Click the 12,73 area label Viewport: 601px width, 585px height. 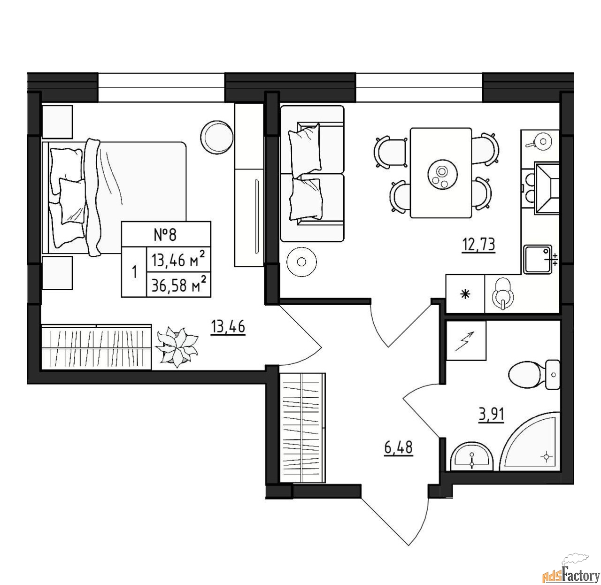pyautogui.click(x=478, y=245)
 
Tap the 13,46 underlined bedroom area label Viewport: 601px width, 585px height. pyautogui.click(x=228, y=327)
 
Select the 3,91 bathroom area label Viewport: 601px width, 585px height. pyautogui.click(x=491, y=414)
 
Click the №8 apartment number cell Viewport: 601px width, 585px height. pyautogui.click(x=166, y=234)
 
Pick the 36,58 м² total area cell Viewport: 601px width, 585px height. pyautogui.click(x=178, y=285)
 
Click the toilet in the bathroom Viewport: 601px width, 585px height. pyautogui.click(x=534, y=375)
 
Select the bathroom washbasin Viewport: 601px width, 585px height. pyautogui.click(x=471, y=456)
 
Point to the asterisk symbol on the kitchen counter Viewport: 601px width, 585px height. pyautogui.click(x=465, y=294)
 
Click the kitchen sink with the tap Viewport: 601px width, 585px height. pyautogui.click(x=538, y=260)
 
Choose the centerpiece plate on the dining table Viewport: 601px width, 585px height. pyautogui.click(x=443, y=175)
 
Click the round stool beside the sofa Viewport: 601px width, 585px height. pyautogui.click(x=301, y=262)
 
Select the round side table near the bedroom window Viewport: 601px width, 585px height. pyautogui.click(x=216, y=137)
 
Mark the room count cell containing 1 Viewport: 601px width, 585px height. pyautogui.click(x=134, y=272)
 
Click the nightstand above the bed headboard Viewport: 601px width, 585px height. pyautogui.click(x=57, y=122)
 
